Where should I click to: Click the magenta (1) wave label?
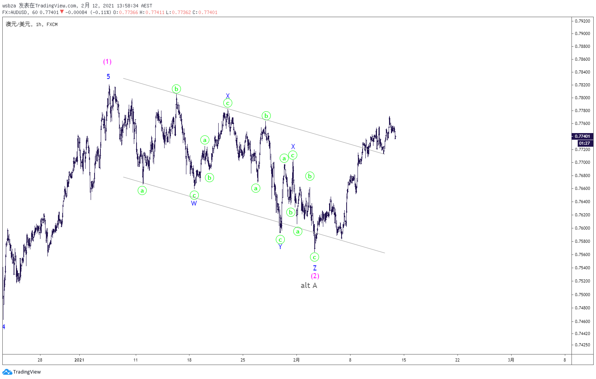point(107,62)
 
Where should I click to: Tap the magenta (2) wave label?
point(315,276)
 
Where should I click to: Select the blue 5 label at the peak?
point(108,77)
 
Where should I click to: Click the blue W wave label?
point(194,204)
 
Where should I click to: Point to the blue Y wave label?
point(280,247)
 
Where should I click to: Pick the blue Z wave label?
point(315,268)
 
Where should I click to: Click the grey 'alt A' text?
point(309,286)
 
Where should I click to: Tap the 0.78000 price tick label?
point(582,98)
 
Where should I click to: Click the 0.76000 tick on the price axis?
point(582,228)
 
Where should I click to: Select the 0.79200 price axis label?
point(582,21)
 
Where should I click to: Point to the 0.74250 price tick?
point(582,345)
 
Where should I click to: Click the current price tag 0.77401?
point(582,136)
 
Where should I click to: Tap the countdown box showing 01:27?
point(585,143)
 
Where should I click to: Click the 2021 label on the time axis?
point(79,360)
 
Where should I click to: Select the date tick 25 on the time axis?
point(243,360)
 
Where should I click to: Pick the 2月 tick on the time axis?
point(296,360)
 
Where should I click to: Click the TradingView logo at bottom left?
point(22,372)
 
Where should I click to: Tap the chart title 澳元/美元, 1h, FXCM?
point(32,25)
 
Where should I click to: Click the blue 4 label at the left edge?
point(4,327)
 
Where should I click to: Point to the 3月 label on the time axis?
point(511,360)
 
